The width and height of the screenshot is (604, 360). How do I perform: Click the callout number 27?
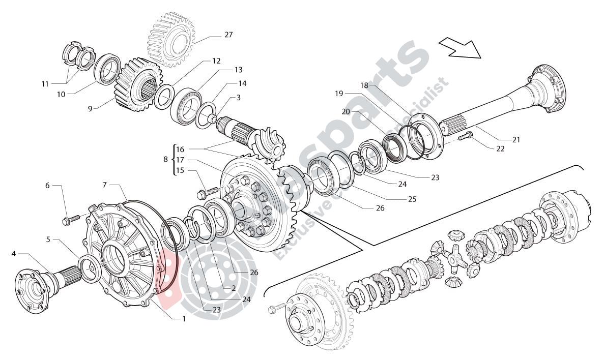coord(228,35)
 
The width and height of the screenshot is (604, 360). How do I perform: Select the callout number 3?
coord(238,97)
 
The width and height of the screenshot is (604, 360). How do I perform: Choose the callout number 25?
coord(412,199)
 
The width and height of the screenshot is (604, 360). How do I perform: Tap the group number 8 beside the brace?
coord(165,159)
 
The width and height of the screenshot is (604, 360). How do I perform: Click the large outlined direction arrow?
coord(459,48)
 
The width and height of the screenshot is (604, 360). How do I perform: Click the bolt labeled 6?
coord(69,220)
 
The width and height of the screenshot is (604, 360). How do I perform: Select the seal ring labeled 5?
coord(90,269)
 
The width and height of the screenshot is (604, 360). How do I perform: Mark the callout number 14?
coord(242,83)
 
